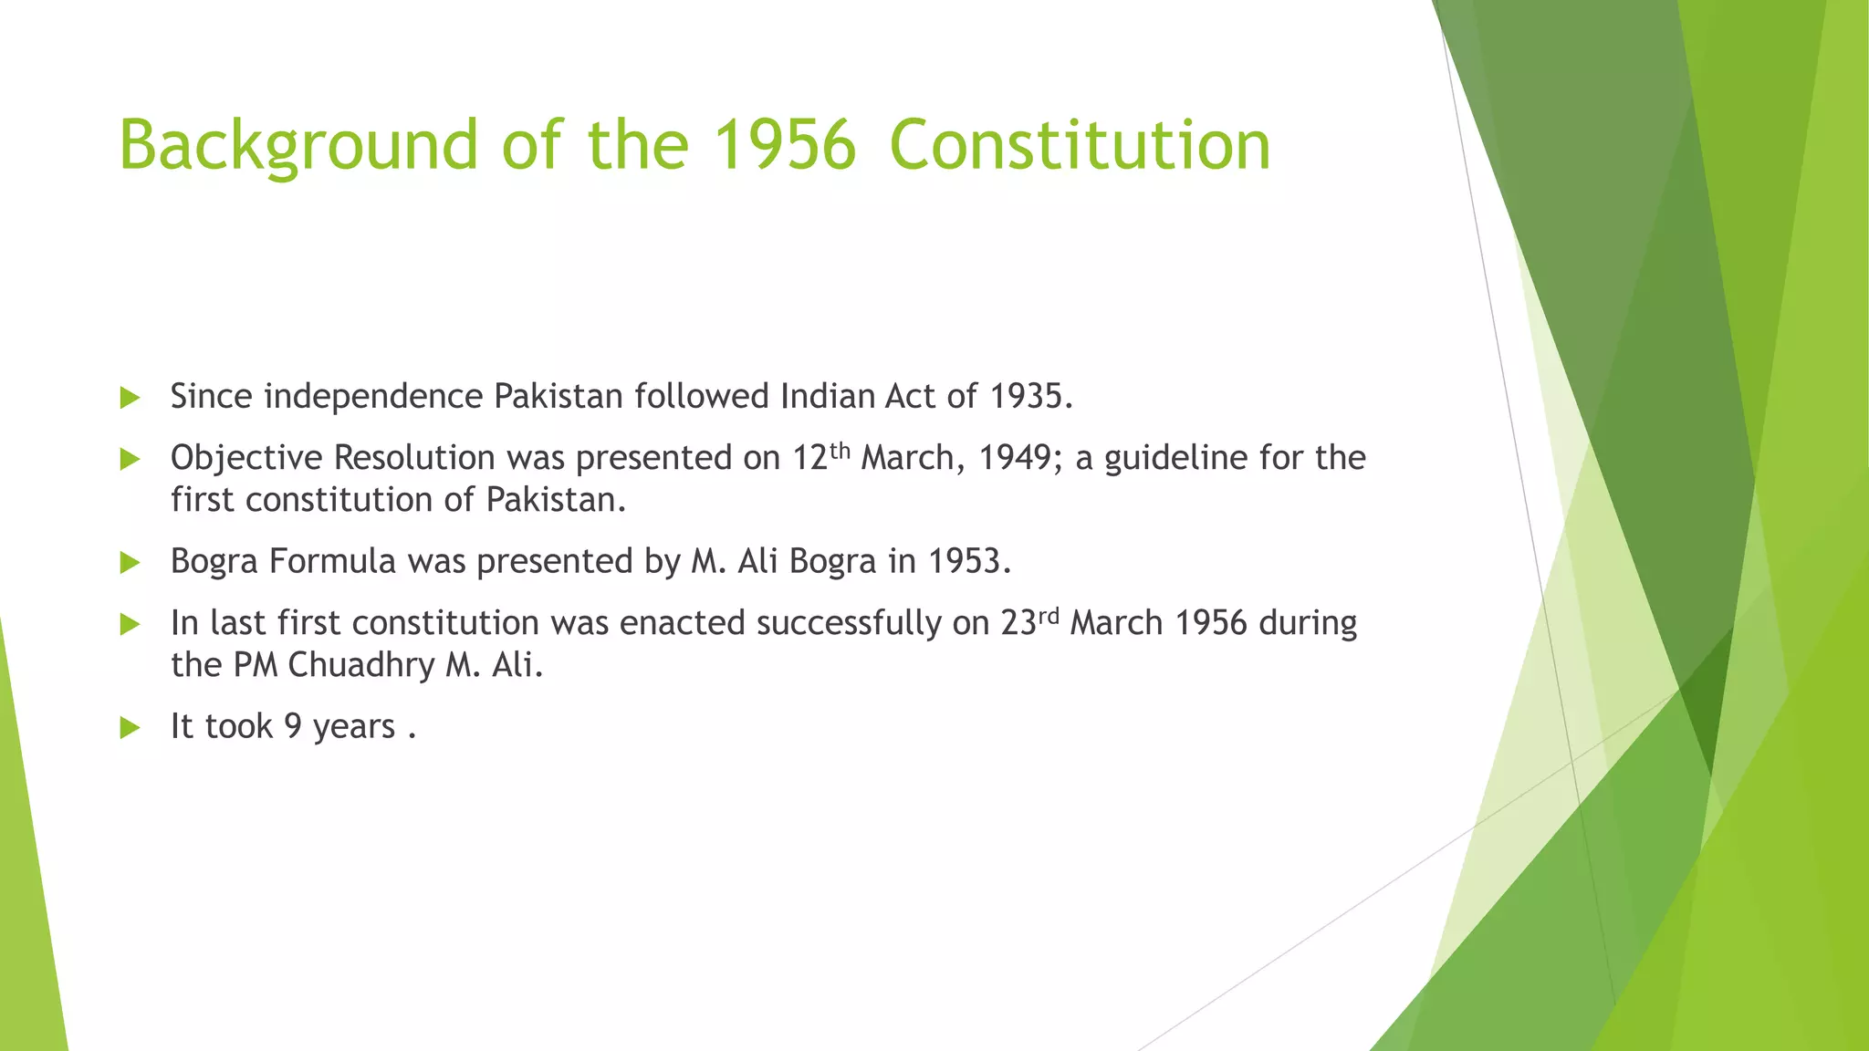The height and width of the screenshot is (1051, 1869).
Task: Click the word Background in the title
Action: pyautogui.click(x=298, y=146)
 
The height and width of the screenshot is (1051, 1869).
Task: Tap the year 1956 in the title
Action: pyautogui.click(x=784, y=146)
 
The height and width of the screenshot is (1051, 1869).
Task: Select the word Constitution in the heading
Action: pyautogui.click(x=1080, y=146)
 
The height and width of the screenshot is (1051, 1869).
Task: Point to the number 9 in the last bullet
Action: pyautogui.click(x=293, y=727)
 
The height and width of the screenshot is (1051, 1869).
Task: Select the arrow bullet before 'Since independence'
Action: pyautogui.click(x=130, y=398)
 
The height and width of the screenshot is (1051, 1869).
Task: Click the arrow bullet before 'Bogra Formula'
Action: pyautogui.click(x=130, y=563)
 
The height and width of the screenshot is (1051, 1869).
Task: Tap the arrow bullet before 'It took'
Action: pyautogui.click(x=130, y=728)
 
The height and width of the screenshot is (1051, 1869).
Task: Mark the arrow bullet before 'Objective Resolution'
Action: pyautogui.click(x=130, y=459)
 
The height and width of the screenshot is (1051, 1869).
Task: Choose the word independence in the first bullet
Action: pyautogui.click(x=373, y=397)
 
